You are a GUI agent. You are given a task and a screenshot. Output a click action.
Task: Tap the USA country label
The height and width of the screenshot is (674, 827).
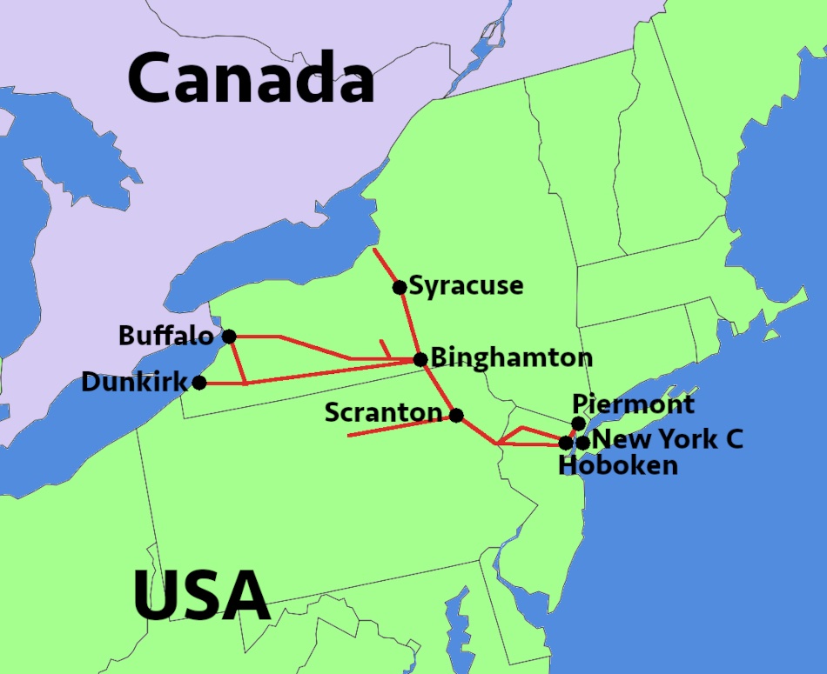201,597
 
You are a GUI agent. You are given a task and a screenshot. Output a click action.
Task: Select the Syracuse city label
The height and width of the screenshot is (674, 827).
466,285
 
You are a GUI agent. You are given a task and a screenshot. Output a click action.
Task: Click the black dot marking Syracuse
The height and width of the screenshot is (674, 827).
400,288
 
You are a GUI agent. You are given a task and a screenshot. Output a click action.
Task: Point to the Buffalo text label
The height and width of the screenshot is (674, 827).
165,336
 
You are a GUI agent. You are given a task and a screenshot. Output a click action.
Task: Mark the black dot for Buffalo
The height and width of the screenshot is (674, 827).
229,337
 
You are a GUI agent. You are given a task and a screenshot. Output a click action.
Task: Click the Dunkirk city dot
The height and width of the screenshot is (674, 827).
199,383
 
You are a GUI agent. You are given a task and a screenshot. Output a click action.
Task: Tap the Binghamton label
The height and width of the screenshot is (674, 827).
512,357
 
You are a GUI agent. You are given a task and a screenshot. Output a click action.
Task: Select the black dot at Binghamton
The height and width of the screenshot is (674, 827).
420,359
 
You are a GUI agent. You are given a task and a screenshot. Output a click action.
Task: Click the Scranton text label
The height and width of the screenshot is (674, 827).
383,412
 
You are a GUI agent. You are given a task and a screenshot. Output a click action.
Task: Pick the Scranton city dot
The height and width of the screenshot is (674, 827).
456,415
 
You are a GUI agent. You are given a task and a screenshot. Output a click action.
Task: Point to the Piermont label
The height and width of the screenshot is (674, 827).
634,404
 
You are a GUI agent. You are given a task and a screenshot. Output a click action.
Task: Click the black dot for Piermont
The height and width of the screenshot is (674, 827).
578,424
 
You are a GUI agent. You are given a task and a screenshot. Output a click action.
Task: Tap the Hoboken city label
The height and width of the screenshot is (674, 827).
618,465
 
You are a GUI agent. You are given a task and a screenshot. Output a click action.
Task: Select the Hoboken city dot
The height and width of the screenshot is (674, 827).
566,443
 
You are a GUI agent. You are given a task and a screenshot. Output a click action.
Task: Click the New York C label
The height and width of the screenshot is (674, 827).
668,439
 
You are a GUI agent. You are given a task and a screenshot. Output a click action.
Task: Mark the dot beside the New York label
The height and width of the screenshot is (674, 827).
583,443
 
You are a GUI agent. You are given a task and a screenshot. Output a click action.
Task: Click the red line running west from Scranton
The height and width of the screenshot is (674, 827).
392,427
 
